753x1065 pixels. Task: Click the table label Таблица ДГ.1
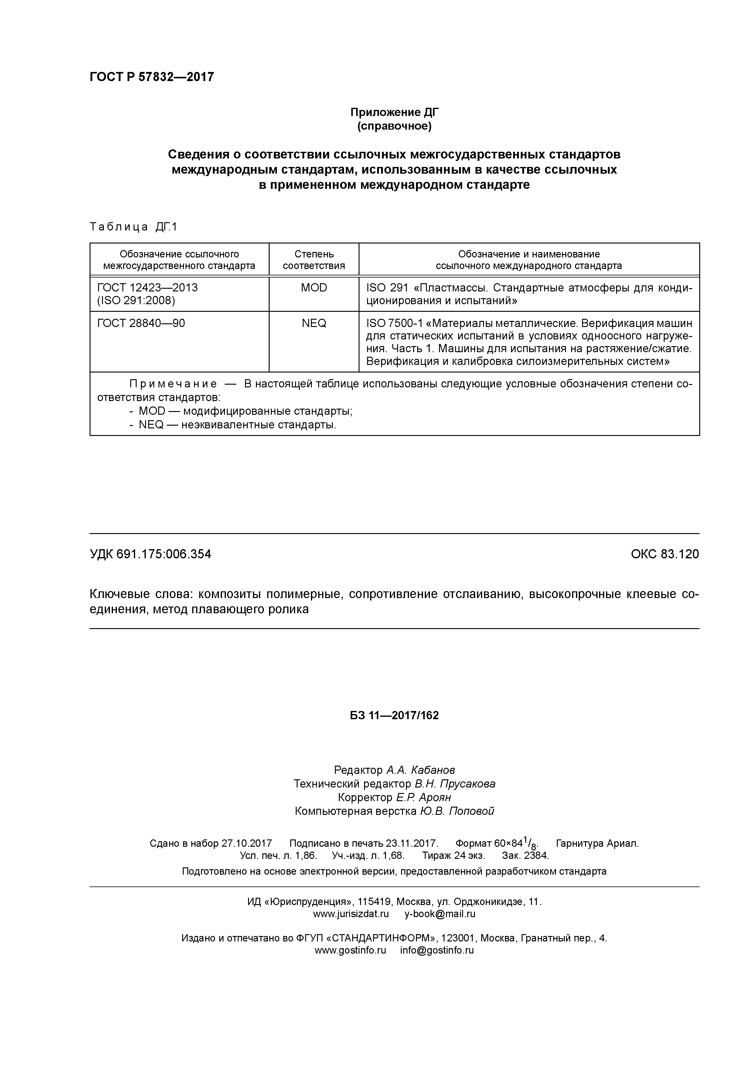pos(134,227)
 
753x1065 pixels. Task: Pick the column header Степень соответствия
pos(314,260)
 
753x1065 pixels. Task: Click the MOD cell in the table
pos(314,288)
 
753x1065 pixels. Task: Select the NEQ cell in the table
pos(314,323)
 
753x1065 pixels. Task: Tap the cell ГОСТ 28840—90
pos(141,323)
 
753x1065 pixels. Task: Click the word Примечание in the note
pos(173,384)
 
